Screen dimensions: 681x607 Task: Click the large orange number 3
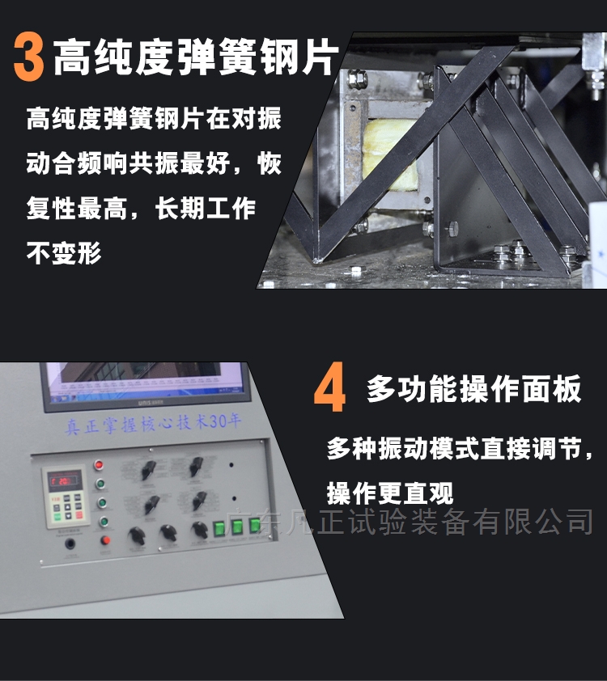pos(29,57)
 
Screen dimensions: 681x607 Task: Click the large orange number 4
pos(329,389)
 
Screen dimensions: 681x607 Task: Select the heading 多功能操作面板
pos(473,389)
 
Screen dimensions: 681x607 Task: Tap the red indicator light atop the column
pos(100,465)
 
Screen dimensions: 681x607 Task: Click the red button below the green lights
pos(104,540)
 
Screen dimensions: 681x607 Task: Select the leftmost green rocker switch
pos(219,528)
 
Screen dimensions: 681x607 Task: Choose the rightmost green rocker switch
pos(255,525)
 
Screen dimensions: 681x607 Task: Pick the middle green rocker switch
pos(237,527)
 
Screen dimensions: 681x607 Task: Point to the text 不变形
pos(64,253)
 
